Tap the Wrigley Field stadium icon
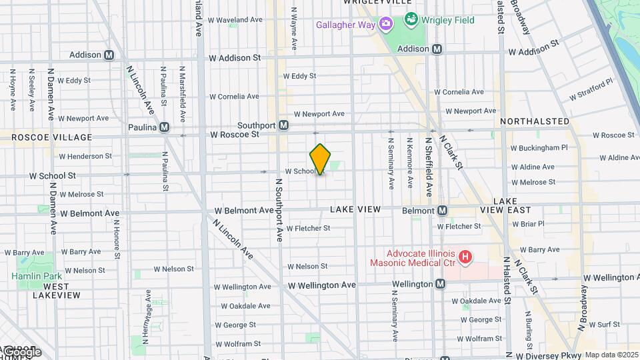[411, 19]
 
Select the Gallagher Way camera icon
[385, 25]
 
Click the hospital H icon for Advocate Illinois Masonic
[466, 256]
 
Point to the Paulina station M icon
[164, 127]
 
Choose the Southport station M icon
[283, 125]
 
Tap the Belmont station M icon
[442, 211]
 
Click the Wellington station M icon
[440, 284]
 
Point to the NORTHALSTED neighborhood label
[534, 121]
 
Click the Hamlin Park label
[36, 276]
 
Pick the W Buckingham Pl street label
[539, 148]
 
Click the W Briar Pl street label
[528, 224]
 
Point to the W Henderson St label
[85, 156]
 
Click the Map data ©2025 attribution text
[611, 355]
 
